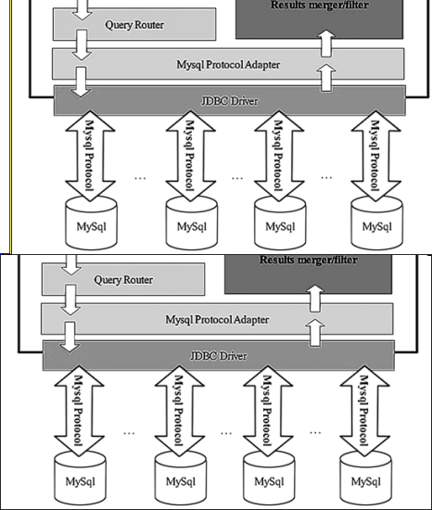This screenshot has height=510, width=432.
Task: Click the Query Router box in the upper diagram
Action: [x=134, y=25]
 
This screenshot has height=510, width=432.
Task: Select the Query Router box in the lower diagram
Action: [x=124, y=279]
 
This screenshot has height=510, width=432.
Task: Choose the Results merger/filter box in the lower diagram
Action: [x=308, y=273]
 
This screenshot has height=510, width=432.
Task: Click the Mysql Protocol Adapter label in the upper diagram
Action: [x=228, y=65]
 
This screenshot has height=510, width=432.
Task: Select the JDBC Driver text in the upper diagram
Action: [x=228, y=100]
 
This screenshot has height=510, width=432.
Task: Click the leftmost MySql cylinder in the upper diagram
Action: [x=90, y=223]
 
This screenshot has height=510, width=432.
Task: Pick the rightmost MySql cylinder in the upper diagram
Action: [x=376, y=223]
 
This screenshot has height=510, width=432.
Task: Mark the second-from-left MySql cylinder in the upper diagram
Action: [x=191, y=223]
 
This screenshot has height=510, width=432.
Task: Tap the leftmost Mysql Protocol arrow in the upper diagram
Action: [x=90, y=156]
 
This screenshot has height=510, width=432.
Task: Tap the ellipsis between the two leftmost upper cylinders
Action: [x=142, y=176]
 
